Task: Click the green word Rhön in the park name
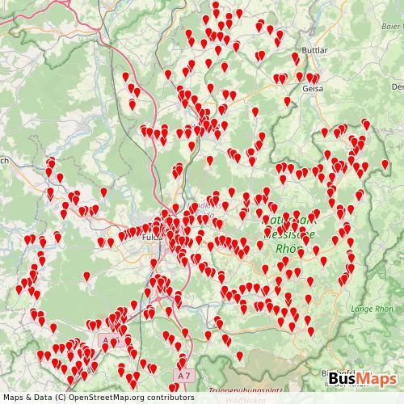tap(288, 249)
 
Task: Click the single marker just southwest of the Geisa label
tap(288, 100)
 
